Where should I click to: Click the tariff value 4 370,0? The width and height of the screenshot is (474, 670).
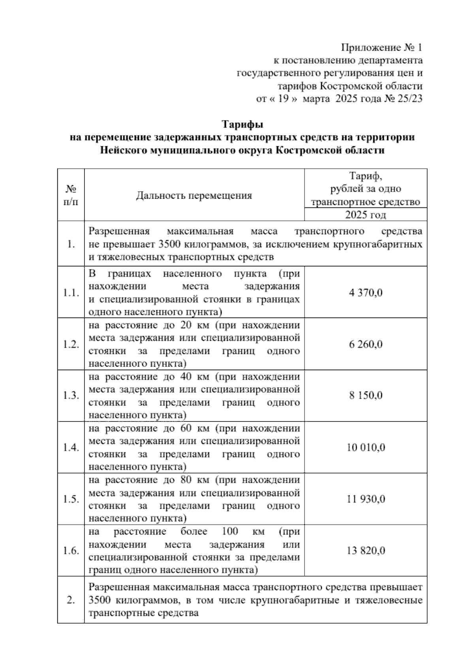[x=365, y=293]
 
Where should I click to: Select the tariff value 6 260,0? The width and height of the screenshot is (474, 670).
[x=365, y=344]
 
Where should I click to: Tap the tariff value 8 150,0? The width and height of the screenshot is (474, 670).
[x=365, y=396]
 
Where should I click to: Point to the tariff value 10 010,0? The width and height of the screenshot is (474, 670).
[x=365, y=448]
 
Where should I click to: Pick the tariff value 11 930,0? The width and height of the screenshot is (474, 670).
[x=365, y=499]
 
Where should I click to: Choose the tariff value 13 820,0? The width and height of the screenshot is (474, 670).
[x=365, y=551]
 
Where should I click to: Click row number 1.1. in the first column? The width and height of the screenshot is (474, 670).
[x=71, y=293]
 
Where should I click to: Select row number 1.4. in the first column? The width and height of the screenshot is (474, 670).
[x=71, y=448]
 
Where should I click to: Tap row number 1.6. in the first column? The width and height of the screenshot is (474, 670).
[x=71, y=551]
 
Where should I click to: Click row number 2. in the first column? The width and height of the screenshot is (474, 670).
[x=71, y=600]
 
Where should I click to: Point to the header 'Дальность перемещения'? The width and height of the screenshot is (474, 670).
[x=194, y=196]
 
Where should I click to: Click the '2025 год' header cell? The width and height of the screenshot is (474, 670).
[x=365, y=215]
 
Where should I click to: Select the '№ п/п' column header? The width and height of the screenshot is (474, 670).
[x=71, y=196]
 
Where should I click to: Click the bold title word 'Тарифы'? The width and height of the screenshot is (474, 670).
[x=242, y=125]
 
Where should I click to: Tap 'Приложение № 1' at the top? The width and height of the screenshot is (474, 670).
[x=382, y=48]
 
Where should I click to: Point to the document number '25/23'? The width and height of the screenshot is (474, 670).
[x=410, y=99]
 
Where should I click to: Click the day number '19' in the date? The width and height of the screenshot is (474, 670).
[x=282, y=99]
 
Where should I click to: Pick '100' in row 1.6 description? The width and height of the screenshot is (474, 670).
[x=230, y=531]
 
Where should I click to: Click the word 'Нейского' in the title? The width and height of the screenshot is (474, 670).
[x=124, y=151]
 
